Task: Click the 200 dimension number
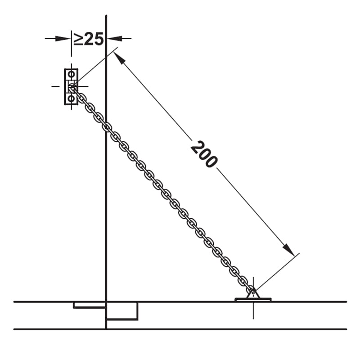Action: coord(204,154)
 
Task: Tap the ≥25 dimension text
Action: coord(88,39)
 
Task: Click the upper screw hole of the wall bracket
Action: coord(72,74)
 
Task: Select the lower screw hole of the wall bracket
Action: coord(72,99)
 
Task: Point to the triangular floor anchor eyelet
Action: coord(253,293)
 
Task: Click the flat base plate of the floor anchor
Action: coord(253,300)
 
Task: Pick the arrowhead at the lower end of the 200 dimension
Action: coord(288,250)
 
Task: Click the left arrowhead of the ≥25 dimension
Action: coord(63,38)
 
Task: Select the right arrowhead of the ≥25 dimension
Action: coord(114,38)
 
